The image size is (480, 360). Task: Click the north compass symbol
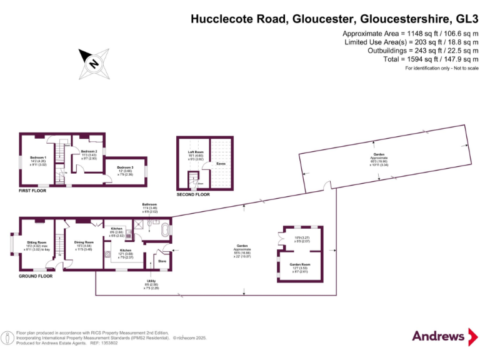93,62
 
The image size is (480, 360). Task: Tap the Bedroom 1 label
38,157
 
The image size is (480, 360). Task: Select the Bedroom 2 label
89,151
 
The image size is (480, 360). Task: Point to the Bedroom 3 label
126,167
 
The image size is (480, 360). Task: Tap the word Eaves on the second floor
221,164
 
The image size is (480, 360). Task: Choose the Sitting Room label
37,242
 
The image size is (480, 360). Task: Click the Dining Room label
84,242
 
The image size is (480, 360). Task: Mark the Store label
162,261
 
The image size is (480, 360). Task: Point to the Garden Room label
299,264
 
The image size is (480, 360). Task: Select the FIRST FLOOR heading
32,191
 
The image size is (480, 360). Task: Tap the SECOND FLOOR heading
194,194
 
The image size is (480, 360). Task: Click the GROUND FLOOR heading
36,276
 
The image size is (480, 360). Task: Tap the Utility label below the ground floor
152,282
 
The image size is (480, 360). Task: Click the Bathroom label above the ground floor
149,204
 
